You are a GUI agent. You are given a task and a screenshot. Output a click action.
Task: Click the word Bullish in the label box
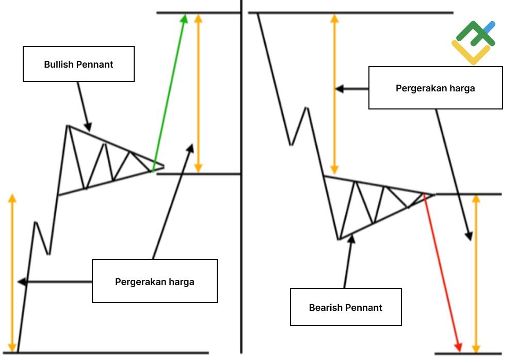click(59, 65)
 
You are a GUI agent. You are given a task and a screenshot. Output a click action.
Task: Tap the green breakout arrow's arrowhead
click(184, 19)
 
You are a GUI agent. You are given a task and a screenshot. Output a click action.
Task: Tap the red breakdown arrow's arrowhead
click(458, 346)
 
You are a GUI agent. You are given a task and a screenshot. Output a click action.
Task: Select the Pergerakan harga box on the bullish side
click(154, 281)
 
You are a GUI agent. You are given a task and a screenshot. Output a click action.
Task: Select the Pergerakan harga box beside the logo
click(435, 88)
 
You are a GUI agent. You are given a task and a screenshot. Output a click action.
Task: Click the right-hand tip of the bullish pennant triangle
click(163, 166)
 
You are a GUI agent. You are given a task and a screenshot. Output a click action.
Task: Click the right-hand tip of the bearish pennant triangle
click(434, 194)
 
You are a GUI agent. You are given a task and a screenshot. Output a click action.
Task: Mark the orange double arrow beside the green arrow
click(198, 93)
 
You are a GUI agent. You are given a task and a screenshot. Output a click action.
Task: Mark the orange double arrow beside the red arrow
click(476, 274)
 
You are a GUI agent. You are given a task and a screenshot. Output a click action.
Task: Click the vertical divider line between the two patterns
click(241, 207)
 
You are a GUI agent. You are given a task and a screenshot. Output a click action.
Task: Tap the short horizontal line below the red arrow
click(467, 354)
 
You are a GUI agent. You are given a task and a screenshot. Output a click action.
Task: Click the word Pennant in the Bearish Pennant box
click(364, 308)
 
